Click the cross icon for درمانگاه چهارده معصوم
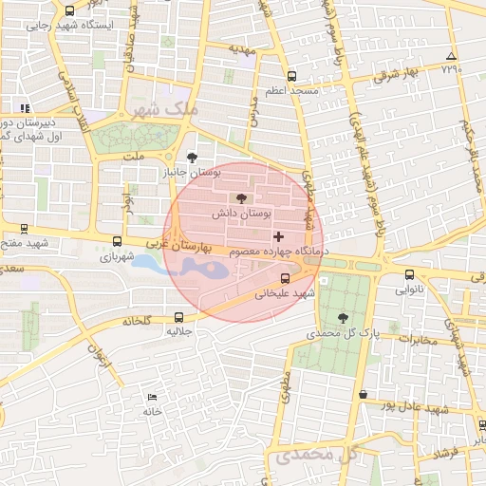[278, 235]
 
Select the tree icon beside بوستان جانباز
[194, 159]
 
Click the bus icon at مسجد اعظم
[291, 75]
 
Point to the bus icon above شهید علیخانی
[286, 279]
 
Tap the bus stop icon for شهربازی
[117, 242]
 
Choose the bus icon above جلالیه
[179, 318]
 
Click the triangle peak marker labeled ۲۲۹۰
[451, 56]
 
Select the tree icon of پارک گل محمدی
[343, 319]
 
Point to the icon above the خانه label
[152, 398]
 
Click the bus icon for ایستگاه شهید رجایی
[69, 10]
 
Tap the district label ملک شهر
[170, 110]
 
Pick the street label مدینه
[242, 47]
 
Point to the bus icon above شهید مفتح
[24, 229]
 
